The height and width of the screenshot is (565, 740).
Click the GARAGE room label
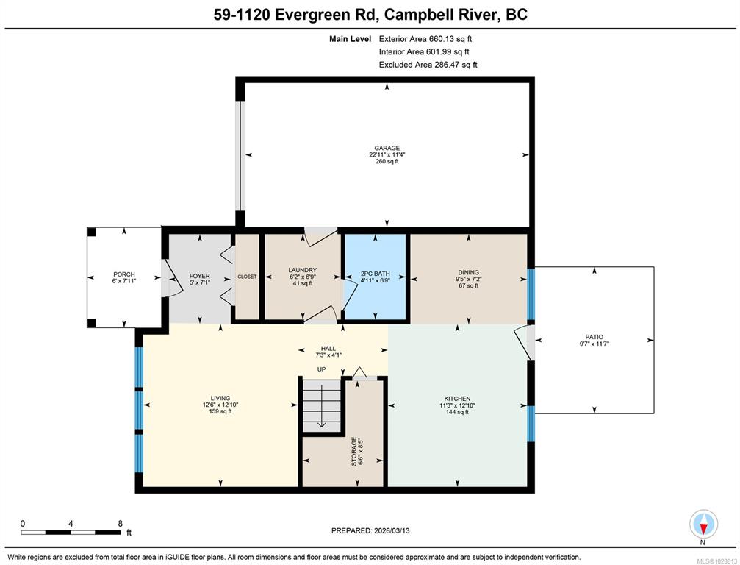click(x=387, y=148)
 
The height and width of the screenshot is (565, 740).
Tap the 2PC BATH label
click(x=376, y=274)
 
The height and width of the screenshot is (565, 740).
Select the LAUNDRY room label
click(x=303, y=270)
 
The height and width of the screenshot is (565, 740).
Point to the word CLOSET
click(x=248, y=277)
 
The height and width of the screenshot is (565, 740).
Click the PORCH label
click(x=124, y=274)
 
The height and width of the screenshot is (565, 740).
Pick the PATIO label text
click(x=594, y=337)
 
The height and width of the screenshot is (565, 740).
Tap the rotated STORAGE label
click(x=354, y=452)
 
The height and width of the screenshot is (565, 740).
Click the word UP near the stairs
click(x=321, y=369)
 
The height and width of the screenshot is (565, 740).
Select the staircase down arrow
click(x=321, y=406)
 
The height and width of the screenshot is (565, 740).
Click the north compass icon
click(x=704, y=525)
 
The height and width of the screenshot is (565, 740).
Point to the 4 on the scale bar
click(x=71, y=523)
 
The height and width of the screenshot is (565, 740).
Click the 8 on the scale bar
click(x=120, y=523)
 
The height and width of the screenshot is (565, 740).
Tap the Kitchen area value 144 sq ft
click(x=457, y=412)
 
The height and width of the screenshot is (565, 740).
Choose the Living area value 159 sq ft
click(x=220, y=411)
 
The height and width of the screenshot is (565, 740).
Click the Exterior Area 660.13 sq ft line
click(x=425, y=39)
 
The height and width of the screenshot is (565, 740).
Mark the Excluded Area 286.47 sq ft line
click(x=428, y=65)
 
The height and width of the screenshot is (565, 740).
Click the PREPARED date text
click(x=370, y=530)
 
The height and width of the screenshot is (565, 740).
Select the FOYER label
click(x=200, y=276)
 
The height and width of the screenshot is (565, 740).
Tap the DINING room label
click(x=469, y=273)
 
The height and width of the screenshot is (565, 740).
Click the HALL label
click(x=328, y=349)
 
